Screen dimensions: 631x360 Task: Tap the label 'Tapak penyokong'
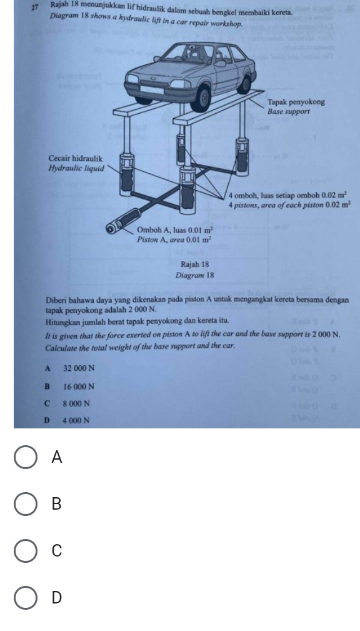point(296,102)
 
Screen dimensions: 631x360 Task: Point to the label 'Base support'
point(289,111)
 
